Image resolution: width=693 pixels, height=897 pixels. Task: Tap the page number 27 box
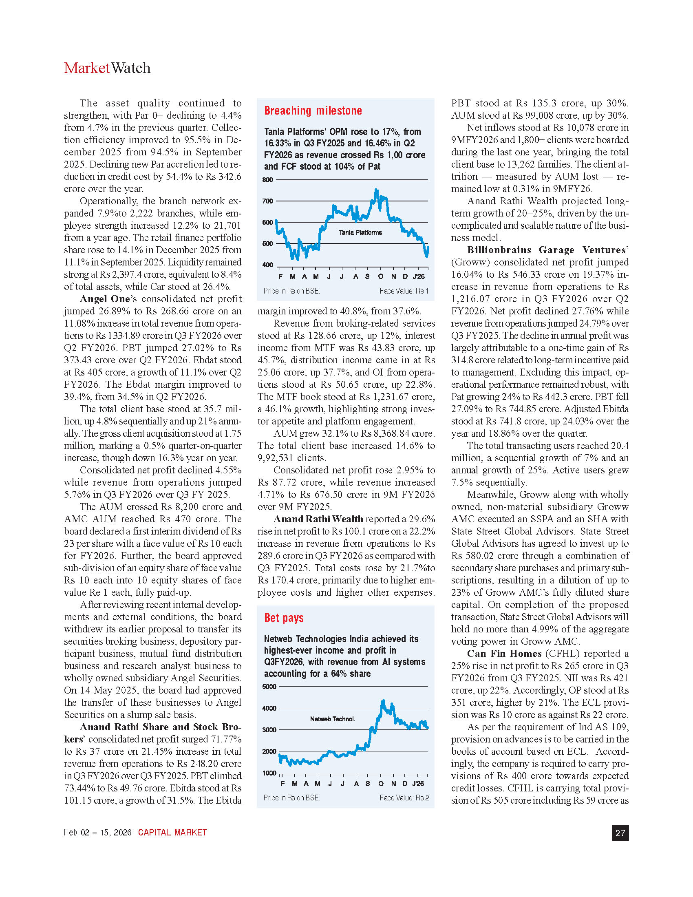click(x=620, y=833)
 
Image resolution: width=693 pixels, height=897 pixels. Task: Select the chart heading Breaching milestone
click(x=313, y=111)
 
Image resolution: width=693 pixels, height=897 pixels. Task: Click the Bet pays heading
click(x=284, y=618)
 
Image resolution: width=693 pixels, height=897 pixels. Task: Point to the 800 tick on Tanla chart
click(x=267, y=180)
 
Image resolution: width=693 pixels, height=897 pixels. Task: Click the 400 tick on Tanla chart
click(x=267, y=265)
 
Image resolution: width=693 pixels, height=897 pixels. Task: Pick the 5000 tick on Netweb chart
click(x=269, y=687)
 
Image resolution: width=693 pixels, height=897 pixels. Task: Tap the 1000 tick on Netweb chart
click(x=269, y=773)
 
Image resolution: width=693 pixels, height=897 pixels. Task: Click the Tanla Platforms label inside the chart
click(x=360, y=232)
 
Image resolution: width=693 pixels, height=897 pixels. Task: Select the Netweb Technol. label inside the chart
click(x=333, y=719)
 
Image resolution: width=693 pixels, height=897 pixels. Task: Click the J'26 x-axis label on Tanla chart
click(x=419, y=276)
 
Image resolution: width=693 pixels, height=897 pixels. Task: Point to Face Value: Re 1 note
click(x=404, y=291)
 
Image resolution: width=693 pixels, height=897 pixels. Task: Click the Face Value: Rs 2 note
click(x=404, y=798)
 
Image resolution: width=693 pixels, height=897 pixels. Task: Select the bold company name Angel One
click(x=105, y=299)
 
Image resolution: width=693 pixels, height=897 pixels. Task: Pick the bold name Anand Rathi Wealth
click(x=318, y=519)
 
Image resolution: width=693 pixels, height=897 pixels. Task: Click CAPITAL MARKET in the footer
click(x=172, y=833)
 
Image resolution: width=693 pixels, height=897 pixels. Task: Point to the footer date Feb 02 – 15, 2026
click(x=98, y=833)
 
